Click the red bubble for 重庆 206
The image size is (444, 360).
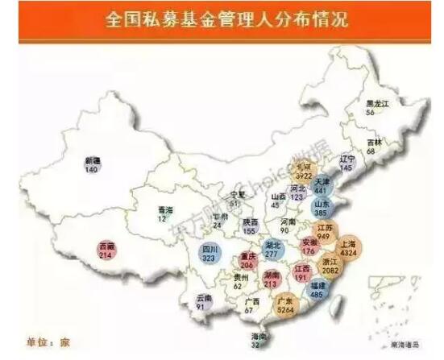tap(247, 262)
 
